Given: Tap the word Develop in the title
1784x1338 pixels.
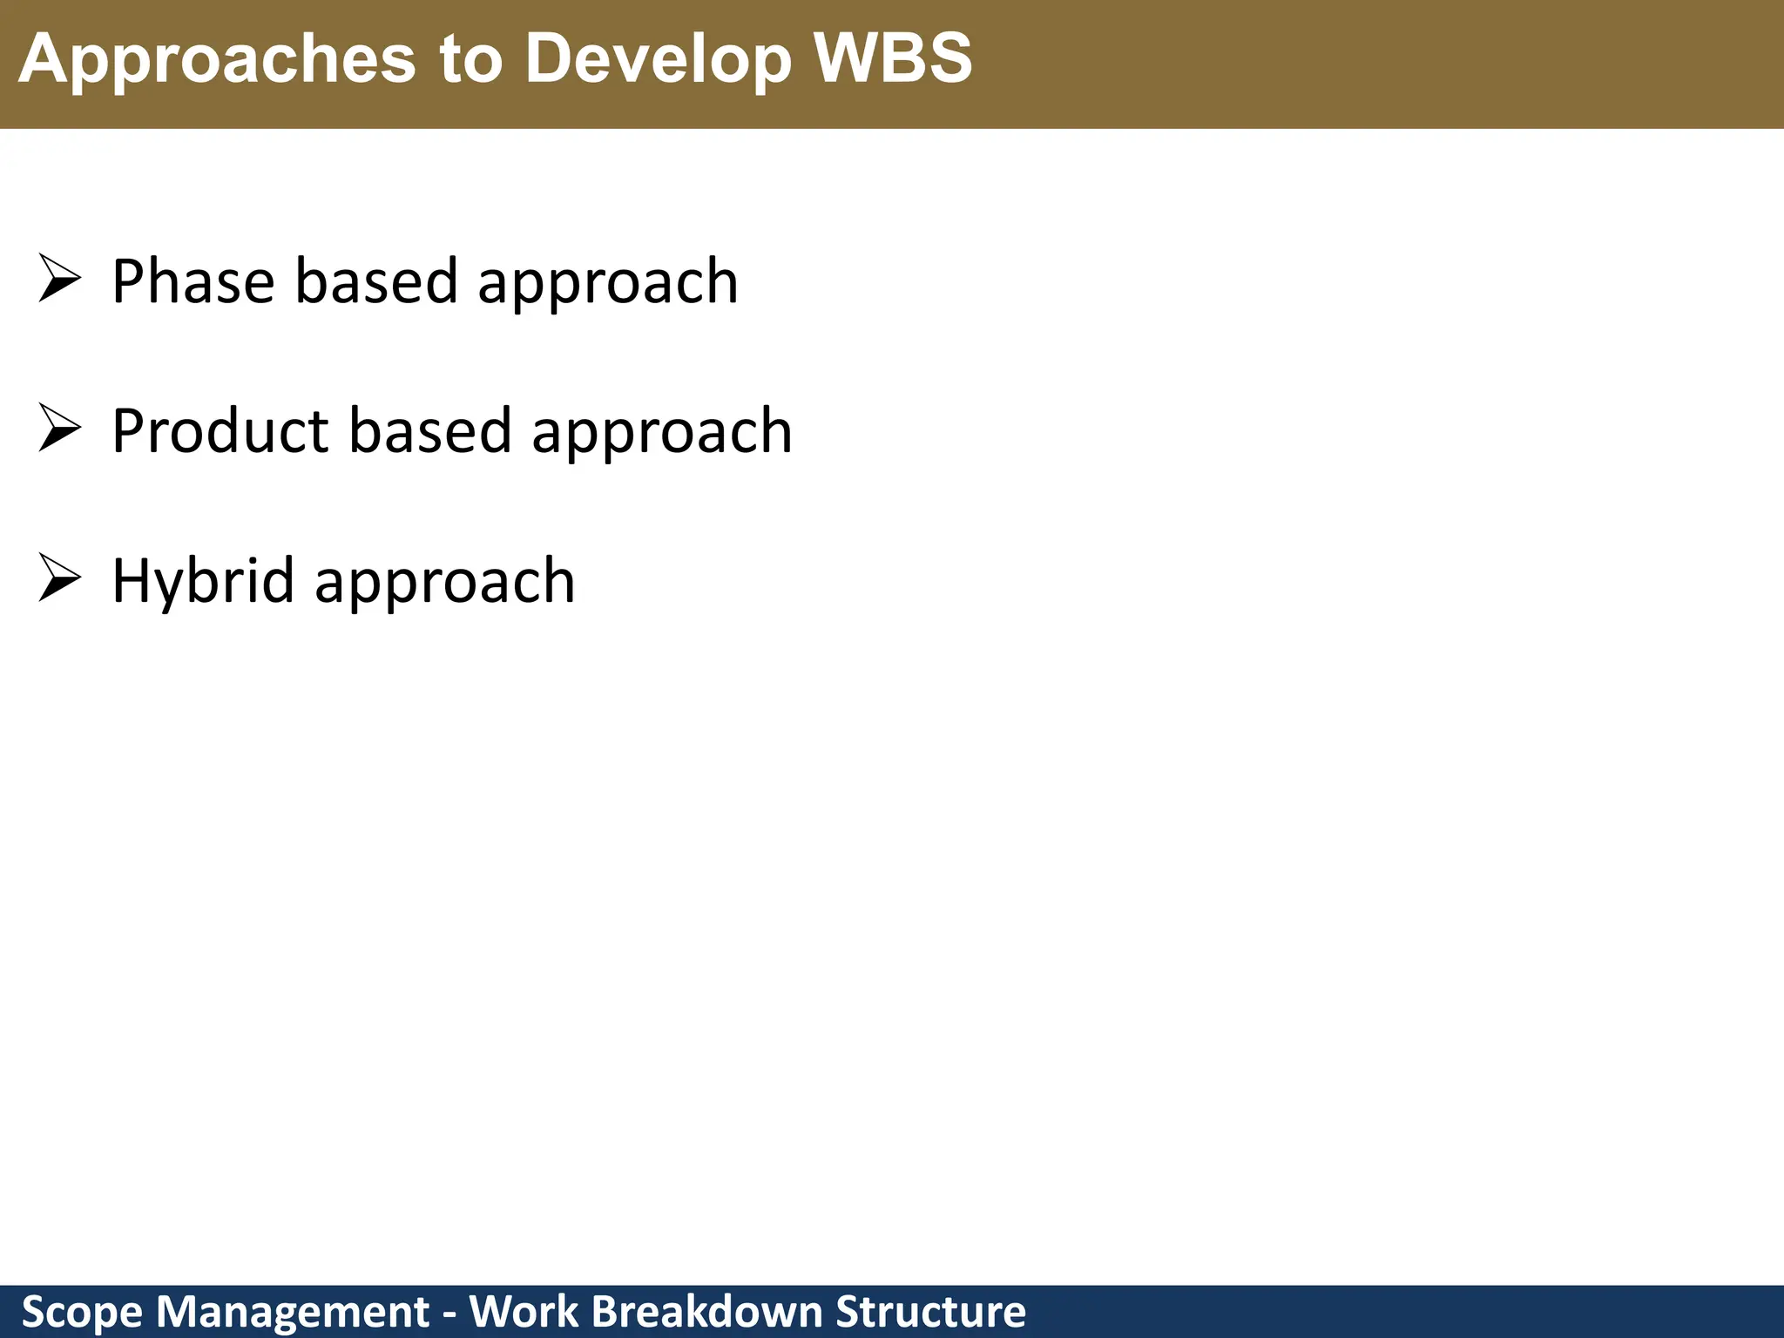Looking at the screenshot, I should [658, 59].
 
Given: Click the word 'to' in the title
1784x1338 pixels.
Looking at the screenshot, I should [470, 59].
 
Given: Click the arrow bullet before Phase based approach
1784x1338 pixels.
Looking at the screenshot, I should [59, 280].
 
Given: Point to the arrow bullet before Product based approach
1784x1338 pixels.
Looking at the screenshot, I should [59, 429].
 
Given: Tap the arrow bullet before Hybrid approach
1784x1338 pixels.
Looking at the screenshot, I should [59, 579].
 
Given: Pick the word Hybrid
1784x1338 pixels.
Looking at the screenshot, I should [203, 581].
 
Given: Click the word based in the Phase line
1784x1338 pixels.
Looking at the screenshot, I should [375, 281].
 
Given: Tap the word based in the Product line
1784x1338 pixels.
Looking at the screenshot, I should [429, 431].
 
